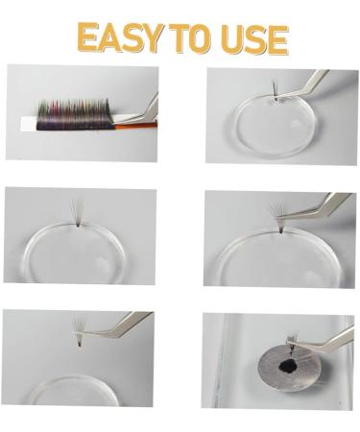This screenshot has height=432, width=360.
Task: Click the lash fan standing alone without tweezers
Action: point(78,212)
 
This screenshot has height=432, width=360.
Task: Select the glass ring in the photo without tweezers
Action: point(77,252)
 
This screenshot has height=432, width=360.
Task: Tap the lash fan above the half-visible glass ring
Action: point(77,331)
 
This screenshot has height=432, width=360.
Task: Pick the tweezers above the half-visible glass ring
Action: point(120,323)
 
